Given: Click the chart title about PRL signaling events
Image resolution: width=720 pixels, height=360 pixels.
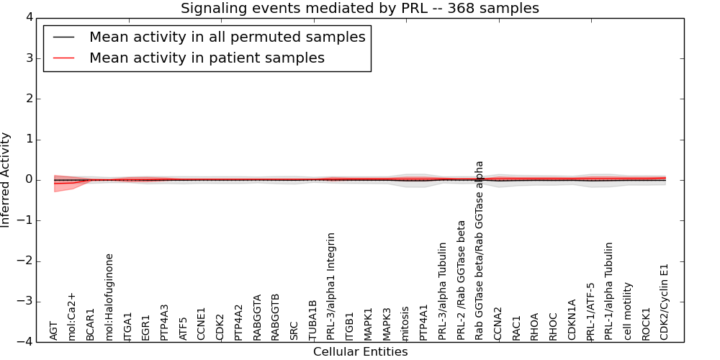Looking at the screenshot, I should click(x=359, y=9).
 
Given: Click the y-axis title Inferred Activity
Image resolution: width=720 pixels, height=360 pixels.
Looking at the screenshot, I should click(x=6, y=180).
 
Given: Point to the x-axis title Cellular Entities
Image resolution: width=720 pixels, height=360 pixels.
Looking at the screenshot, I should click(x=360, y=352).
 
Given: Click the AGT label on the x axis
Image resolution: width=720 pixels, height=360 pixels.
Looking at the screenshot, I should click(x=54, y=330).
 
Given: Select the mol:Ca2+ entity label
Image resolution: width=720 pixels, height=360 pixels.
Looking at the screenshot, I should click(x=73, y=316).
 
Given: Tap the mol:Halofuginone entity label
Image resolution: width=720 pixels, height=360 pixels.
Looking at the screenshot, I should click(x=110, y=297).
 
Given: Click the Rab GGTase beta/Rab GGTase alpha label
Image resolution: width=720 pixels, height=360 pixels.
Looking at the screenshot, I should click(x=480, y=250).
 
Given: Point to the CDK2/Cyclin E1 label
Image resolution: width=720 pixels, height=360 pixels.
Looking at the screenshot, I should click(x=665, y=302).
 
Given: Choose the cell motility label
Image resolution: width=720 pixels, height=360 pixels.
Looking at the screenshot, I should click(x=628, y=311).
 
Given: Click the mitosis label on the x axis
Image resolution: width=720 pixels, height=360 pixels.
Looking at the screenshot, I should click(x=405, y=323).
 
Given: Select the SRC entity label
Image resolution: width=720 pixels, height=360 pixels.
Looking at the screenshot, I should click(x=294, y=330).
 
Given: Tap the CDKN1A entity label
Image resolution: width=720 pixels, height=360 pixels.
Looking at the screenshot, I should click(x=572, y=320).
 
